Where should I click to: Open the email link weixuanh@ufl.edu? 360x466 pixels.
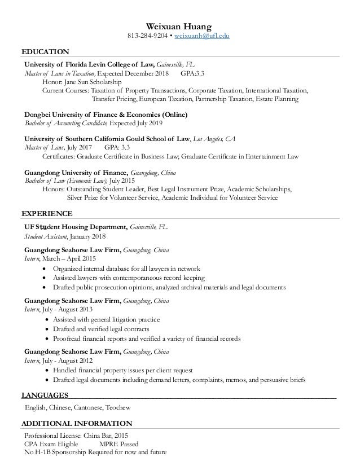(203, 36)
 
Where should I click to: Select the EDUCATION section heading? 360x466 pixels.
(45, 52)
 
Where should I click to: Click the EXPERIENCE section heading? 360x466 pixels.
(47, 214)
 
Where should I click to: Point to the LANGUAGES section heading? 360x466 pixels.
(45, 394)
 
